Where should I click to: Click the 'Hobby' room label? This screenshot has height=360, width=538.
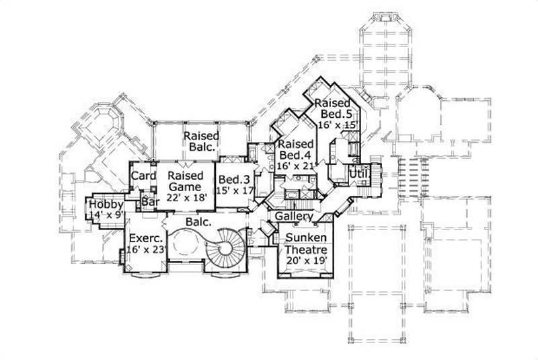tap(106, 205)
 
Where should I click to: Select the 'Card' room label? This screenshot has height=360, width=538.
tap(143, 176)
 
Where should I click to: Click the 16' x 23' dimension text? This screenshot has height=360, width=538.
tap(145, 250)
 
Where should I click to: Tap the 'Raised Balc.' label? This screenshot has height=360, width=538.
tap(200, 141)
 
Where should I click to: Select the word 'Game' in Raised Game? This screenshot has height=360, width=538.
tap(185, 187)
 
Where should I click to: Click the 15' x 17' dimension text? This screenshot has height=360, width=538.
tap(234, 190)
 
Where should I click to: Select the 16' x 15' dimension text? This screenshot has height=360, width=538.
tap(334, 125)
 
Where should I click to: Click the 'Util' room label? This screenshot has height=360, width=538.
tap(358, 175)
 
